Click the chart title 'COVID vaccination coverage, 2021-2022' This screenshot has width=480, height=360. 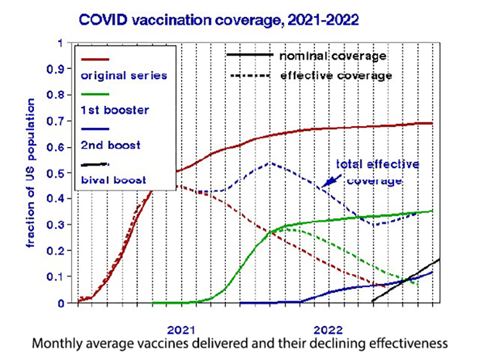[x=219, y=20]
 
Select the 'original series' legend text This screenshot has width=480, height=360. [x=123, y=75]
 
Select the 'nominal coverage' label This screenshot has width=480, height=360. [x=333, y=56]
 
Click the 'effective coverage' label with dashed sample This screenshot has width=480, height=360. [x=336, y=75]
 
